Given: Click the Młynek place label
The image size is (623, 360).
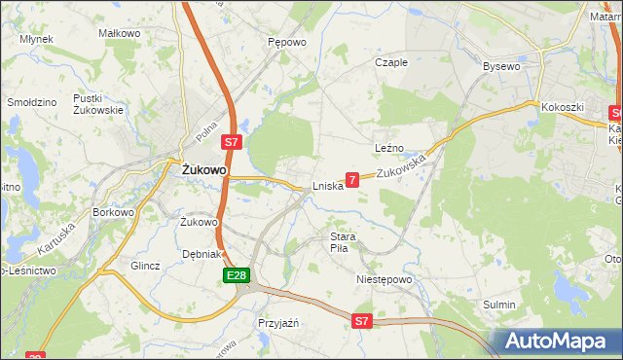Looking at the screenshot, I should (x=36, y=39).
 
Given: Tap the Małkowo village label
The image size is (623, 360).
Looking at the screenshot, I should (x=120, y=33).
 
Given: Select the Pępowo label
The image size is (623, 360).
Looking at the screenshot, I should (x=287, y=43).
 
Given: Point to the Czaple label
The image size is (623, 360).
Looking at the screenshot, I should (x=391, y=62).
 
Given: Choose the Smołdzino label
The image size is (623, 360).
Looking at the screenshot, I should (x=31, y=101).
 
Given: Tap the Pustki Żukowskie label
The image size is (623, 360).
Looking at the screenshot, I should (x=97, y=104).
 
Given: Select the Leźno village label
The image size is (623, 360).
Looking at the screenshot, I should (x=389, y=148).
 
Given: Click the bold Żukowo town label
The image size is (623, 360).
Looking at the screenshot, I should (x=205, y=169).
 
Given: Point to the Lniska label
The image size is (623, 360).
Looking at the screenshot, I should (x=328, y=186).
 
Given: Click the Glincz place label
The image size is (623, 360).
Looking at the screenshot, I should (x=145, y=265).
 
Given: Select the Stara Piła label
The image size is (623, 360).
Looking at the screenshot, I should (x=345, y=242).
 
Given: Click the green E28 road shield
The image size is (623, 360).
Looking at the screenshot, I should (x=235, y=277).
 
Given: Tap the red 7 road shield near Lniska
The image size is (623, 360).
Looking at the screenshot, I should (x=352, y=179).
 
